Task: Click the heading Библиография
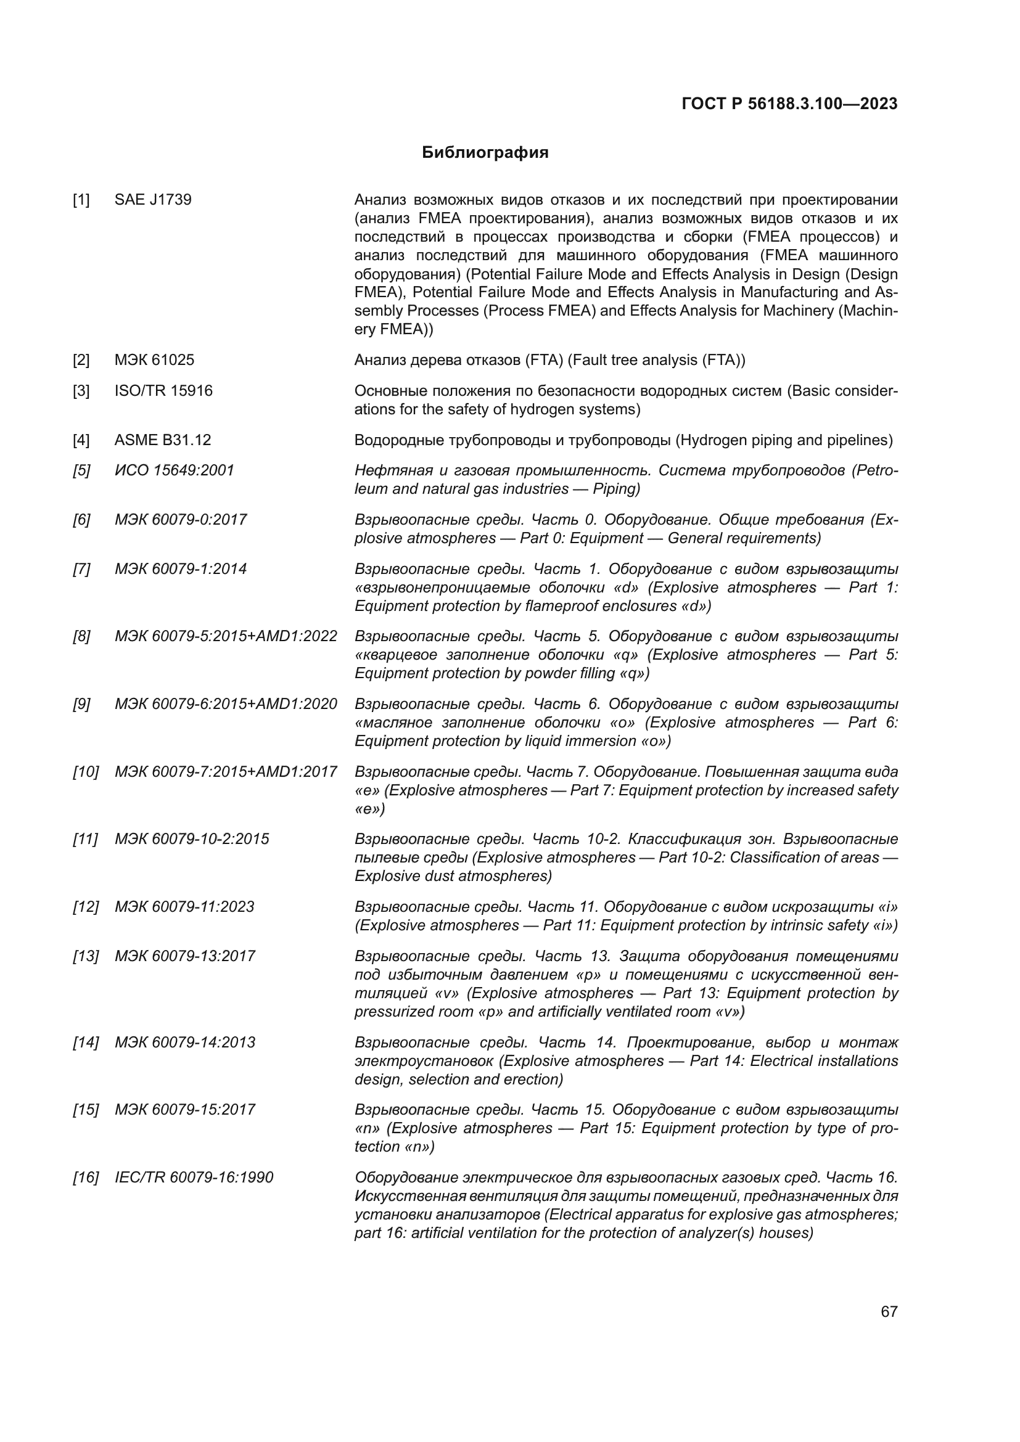pyautogui.click(x=485, y=153)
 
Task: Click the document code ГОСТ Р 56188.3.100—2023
pyautogui.click(x=789, y=104)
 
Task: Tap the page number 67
pyautogui.click(x=889, y=1311)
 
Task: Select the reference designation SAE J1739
pyautogui.click(x=152, y=200)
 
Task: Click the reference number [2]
pyautogui.click(x=81, y=361)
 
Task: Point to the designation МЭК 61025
pyautogui.click(x=154, y=360)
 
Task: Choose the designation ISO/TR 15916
pyautogui.click(x=163, y=391)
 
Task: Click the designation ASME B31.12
pyautogui.click(x=163, y=440)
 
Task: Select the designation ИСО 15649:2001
pyautogui.click(x=174, y=470)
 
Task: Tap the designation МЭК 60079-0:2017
pyautogui.click(x=180, y=519)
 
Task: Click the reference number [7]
pyautogui.click(x=81, y=569)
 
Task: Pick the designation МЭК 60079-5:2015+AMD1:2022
pyautogui.click(x=226, y=636)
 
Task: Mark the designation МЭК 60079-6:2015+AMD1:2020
pyautogui.click(x=226, y=704)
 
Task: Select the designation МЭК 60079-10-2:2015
pyautogui.click(x=192, y=839)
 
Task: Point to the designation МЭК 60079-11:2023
pyautogui.click(x=184, y=907)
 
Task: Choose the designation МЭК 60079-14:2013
pyautogui.click(x=184, y=1043)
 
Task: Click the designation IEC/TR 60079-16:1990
pyautogui.click(x=194, y=1178)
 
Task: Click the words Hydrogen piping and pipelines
pyautogui.click(x=783, y=440)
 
